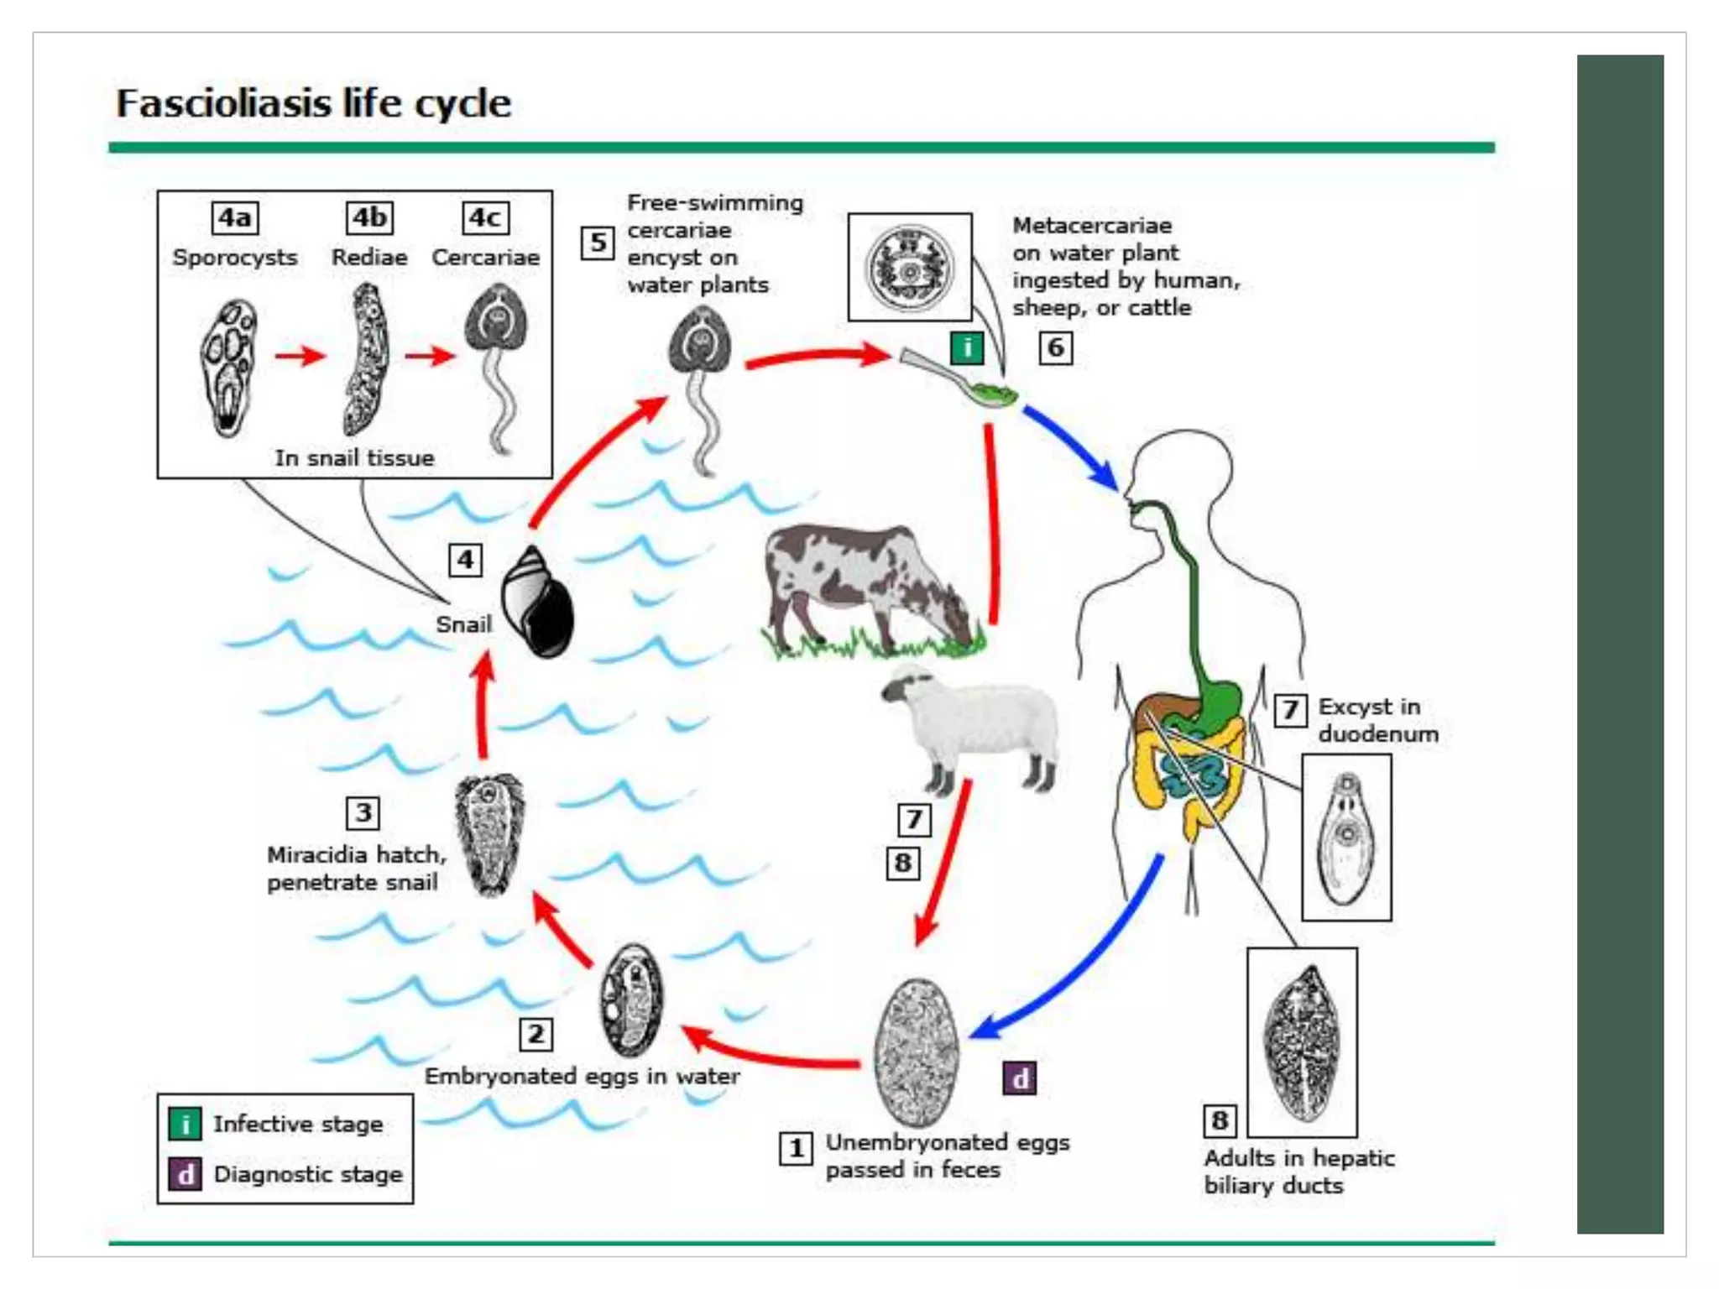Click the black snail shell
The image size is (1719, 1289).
click(x=537, y=602)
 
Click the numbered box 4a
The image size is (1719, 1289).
click(x=235, y=218)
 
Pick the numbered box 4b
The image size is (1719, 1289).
click(x=369, y=218)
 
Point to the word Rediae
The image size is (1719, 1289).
click(x=369, y=257)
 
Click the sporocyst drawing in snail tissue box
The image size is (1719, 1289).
click(x=228, y=367)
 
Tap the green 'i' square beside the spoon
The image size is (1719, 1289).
click(x=967, y=347)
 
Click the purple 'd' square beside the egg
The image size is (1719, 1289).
click(x=1020, y=1078)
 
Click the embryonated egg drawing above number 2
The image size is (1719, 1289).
click(x=631, y=999)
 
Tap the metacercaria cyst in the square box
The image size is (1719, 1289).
click(x=910, y=267)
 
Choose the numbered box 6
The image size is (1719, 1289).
click(x=1056, y=347)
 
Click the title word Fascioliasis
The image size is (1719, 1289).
click(x=223, y=103)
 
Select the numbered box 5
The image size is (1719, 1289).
click(x=598, y=243)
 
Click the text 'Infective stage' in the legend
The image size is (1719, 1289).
click(x=298, y=1124)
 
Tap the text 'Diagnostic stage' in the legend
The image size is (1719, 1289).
click(x=308, y=1174)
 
